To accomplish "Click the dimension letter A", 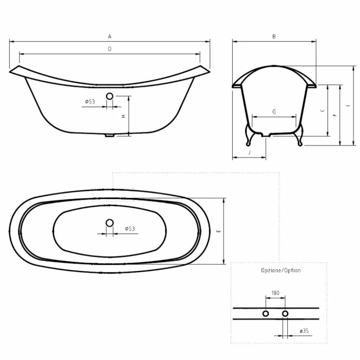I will pyautogui.click(x=109, y=36).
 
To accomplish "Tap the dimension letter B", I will pyautogui.click(x=274, y=36).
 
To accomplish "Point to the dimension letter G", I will pyautogui.click(x=274, y=112).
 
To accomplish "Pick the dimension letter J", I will pyautogui.click(x=249, y=152).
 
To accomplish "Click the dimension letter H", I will pyautogui.click(x=123, y=116).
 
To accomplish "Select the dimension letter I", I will pyautogui.click(x=348, y=105).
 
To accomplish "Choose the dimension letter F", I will pyautogui.click(x=335, y=115).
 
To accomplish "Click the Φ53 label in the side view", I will pyautogui.click(x=90, y=102).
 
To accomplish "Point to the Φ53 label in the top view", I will pyautogui.click(x=130, y=229).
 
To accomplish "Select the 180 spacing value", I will pyautogui.click(x=275, y=292).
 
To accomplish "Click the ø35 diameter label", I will pyautogui.click(x=304, y=331).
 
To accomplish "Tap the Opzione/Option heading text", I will pyautogui.click(x=281, y=271).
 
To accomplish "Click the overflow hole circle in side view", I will pyautogui.click(x=109, y=96).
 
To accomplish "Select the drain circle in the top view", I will pyautogui.click(x=109, y=222).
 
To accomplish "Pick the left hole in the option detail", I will pyautogui.click(x=266, y=313).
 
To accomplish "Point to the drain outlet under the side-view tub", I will pyautogui.click(x=109, y=136).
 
